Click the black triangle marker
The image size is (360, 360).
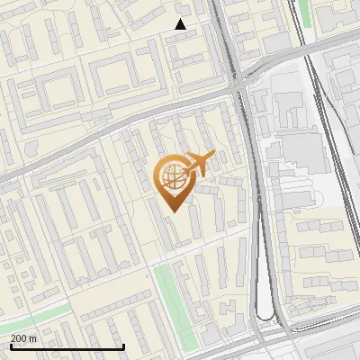[180, 24]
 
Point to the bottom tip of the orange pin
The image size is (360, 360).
[174, 211]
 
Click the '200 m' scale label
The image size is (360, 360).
[24, 338]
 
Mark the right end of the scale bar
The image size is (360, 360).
[123, 346]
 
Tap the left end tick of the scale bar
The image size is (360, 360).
[11, 346]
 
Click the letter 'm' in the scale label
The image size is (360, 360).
[33, 338]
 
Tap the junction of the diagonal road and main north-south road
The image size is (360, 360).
[238, 88]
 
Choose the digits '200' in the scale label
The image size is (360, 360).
[20, 338]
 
